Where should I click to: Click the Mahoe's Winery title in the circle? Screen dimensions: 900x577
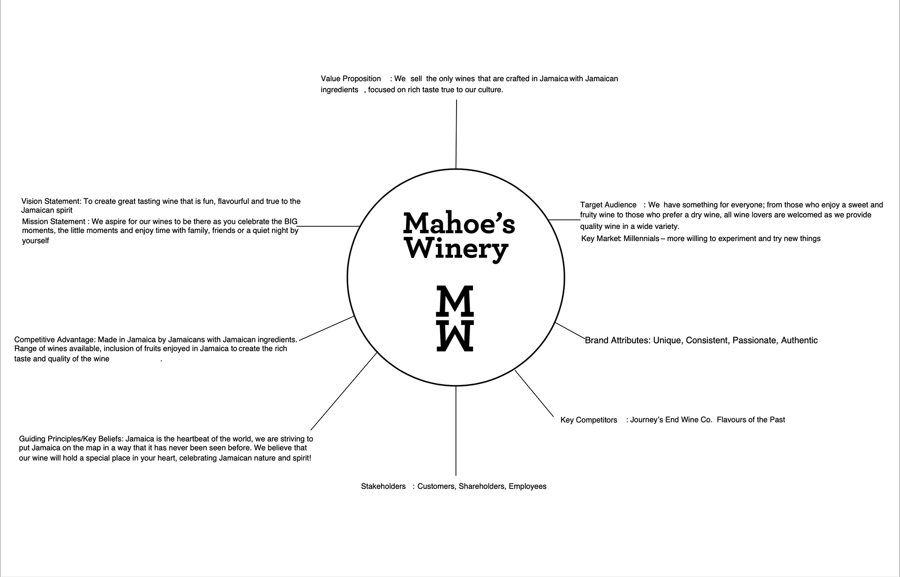pos(459,236)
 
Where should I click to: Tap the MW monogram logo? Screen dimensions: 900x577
pos(455,318)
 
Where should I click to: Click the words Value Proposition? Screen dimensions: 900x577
pos(351,79)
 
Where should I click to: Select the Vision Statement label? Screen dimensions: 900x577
pos(51,201)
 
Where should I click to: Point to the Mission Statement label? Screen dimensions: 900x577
pos(54,222)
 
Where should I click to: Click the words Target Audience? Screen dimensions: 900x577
pos(608,205)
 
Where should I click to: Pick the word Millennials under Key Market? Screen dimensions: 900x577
pos(641,238)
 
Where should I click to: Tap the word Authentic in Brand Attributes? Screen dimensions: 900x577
pos(799,340)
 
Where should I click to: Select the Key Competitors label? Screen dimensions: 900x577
pos(589,420)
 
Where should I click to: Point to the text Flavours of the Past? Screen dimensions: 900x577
pos(751,420)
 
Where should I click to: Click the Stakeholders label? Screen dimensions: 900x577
pos(383,486)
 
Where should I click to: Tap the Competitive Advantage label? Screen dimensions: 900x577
pos(55,340)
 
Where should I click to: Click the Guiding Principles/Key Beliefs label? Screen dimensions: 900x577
pos(71,439)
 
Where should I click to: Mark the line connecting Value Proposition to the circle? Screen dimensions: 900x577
pos(456,134)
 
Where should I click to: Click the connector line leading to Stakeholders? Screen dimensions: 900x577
pos(456,431)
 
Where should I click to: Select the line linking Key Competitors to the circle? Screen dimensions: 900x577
pos(534,393)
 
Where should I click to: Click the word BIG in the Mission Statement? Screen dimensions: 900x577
pos(291,222)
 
